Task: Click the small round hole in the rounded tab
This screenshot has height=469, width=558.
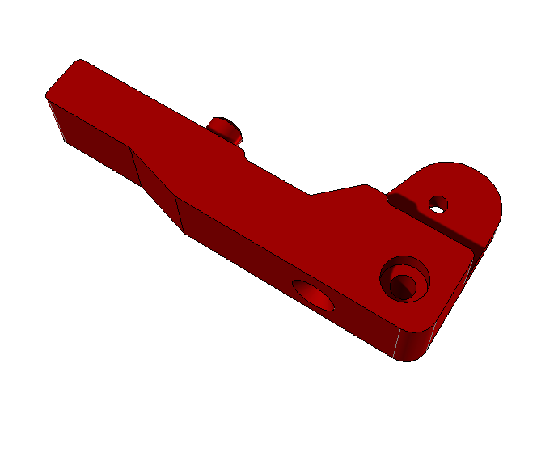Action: coord(438,205)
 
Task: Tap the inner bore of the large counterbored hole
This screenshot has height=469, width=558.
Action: coord(403,284)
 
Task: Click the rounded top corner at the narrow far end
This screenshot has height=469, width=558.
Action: coord(78,62)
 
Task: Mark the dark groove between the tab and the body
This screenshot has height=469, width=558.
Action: coord(443,230)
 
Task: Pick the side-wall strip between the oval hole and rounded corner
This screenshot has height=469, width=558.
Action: coord(364,323)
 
